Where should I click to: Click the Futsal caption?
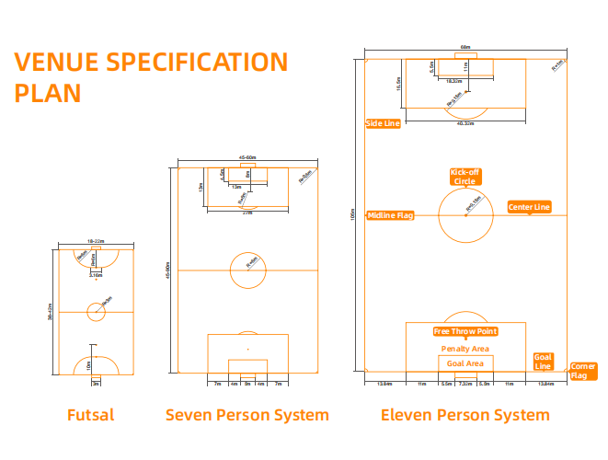click(x=91, y=415)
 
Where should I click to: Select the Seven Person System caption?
click(x=247, y=415)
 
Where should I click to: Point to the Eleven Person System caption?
click(x=465, y=415)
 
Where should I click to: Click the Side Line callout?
click(x=383, y=123)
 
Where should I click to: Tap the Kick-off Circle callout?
click(x=465, y=177)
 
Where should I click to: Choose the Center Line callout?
click(x=530, y=207)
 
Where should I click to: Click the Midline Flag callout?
click(x=390, y=215)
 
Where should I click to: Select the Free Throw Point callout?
click(x=465, y=331)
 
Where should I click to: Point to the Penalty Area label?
click(x=465, y=349)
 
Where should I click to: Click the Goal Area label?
click(x=465, y=363)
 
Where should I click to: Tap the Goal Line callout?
click(x=544, y=362)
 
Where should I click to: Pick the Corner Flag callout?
click(x=583, y=371)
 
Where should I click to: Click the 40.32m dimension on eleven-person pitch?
click(x=465, y=122)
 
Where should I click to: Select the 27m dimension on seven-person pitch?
click(x=247, y=213)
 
